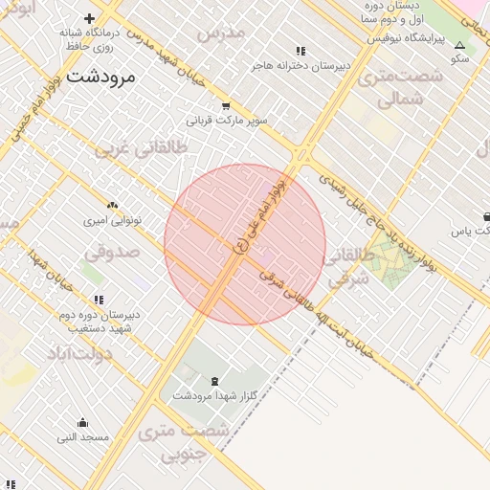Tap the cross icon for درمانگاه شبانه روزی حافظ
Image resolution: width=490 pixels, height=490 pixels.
pos(90,18)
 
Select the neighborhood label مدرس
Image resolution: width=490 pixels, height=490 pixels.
pos(221,33)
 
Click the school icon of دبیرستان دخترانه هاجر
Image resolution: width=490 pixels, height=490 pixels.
pos(301,51)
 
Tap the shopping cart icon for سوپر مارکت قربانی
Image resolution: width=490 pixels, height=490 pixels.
pos(225,106)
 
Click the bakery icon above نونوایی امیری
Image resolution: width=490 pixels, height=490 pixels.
pos(113,205)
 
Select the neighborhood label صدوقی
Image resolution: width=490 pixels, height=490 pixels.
pos(112,253)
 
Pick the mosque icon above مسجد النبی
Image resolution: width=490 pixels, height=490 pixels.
pos(82,423)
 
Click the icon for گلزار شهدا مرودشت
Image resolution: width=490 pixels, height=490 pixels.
pos(212,381)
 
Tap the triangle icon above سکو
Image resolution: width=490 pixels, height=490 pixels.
pos(459,44)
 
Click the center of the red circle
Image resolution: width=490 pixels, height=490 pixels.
pos(245,244)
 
